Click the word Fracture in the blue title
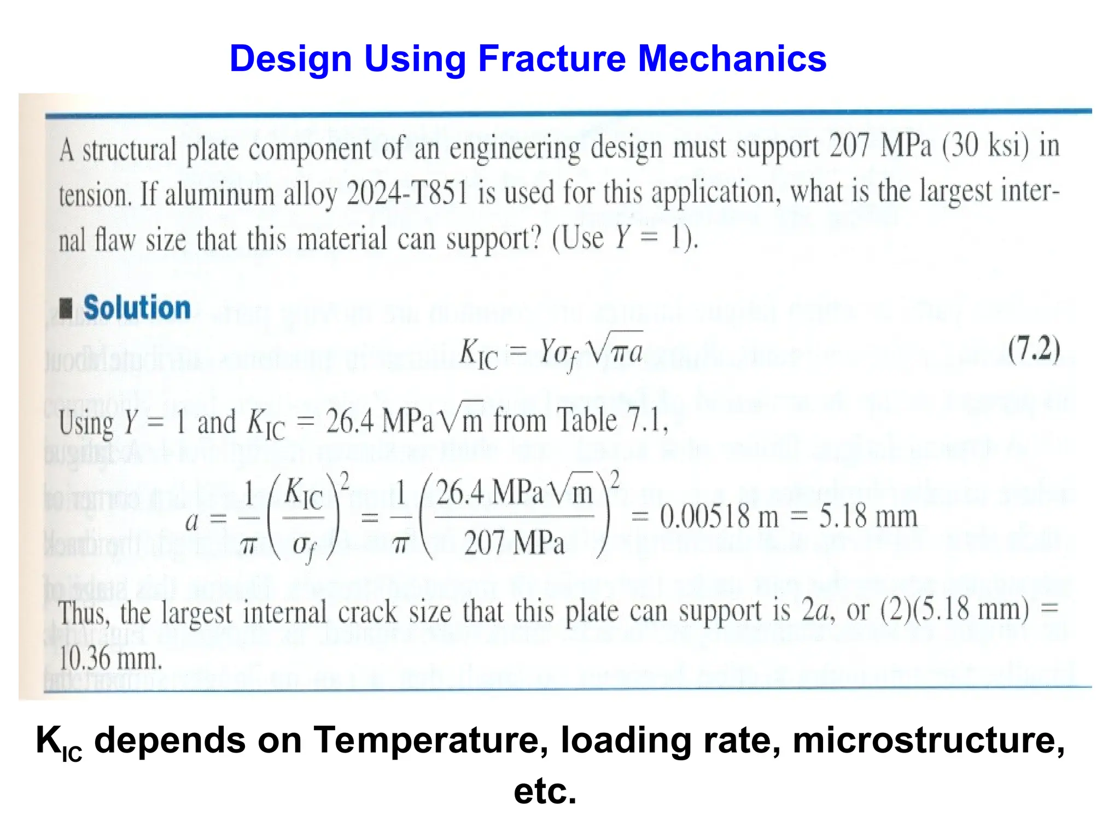pyautogui.click(x=551, y=59)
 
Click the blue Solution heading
pyautogui.click(x=137, y=307)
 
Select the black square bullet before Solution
pyautogui.click(x=66, y=308)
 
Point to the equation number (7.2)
pyautogui.click(x=1034, y=349)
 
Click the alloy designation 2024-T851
pyautogui.click(x=407, y=193)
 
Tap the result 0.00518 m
pyautogui.click(x=719, y=517)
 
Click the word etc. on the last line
pyautogui.click(x=545, y=791)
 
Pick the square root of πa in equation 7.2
pyautogui.click(x=614, y=349)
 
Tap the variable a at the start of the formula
pyautogui.click(x=191, y=521)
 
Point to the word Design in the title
pyautogui.click(x=290, y=59)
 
